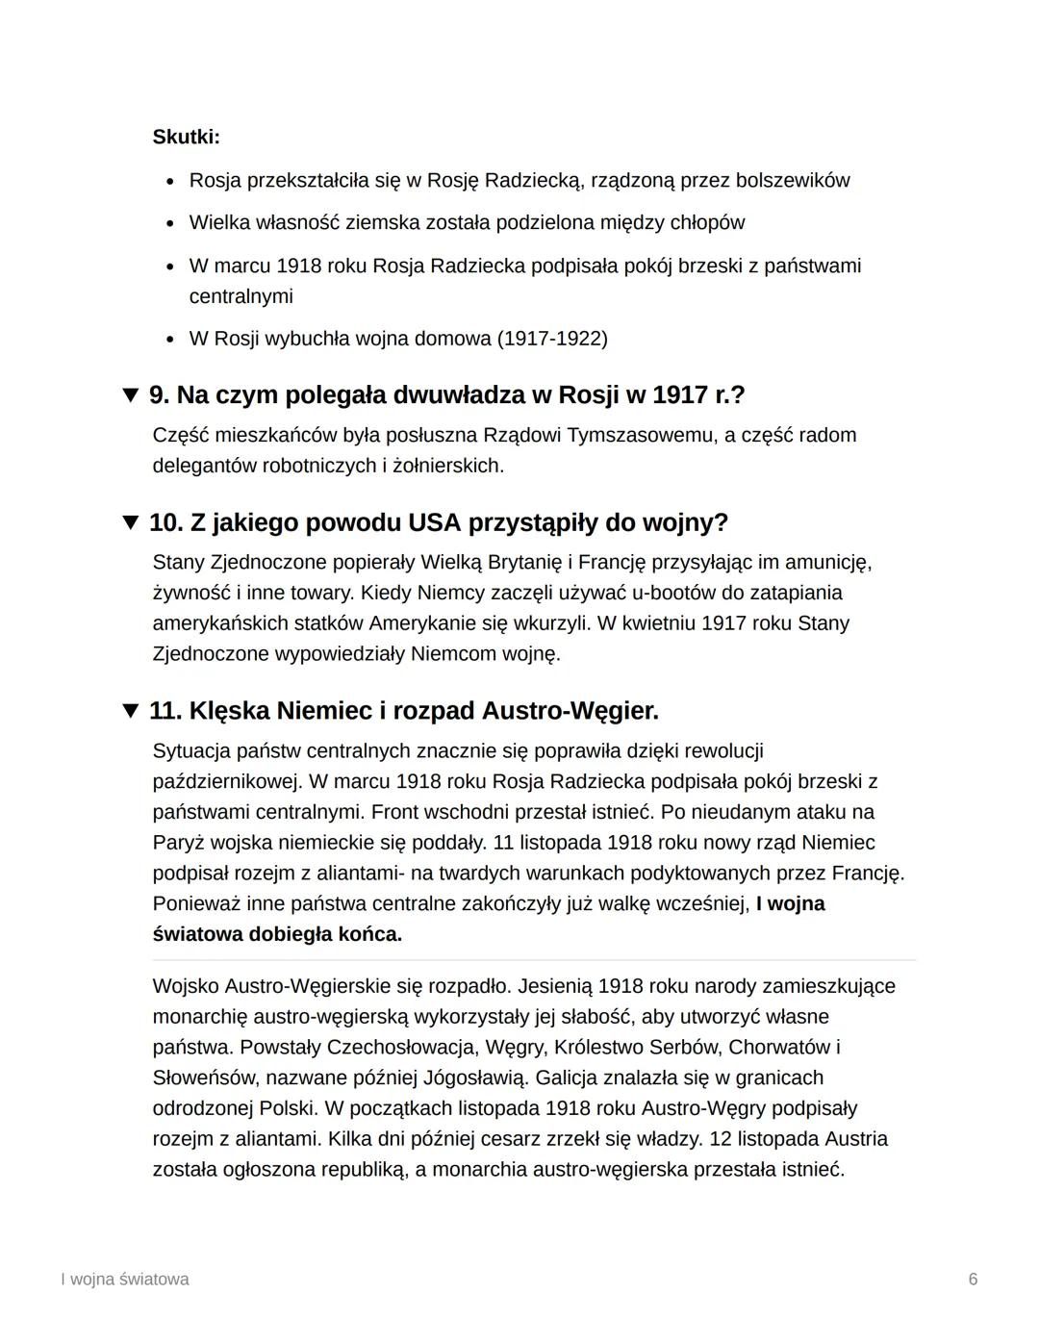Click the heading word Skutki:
186,138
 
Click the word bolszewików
794,181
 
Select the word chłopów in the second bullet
706,223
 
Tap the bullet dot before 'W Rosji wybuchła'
170,340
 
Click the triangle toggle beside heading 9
131,395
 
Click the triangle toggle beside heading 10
131,522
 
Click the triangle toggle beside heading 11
131,711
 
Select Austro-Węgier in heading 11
570,711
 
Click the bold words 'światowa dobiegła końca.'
277,935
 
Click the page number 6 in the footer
973,1280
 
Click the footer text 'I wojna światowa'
124,1280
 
